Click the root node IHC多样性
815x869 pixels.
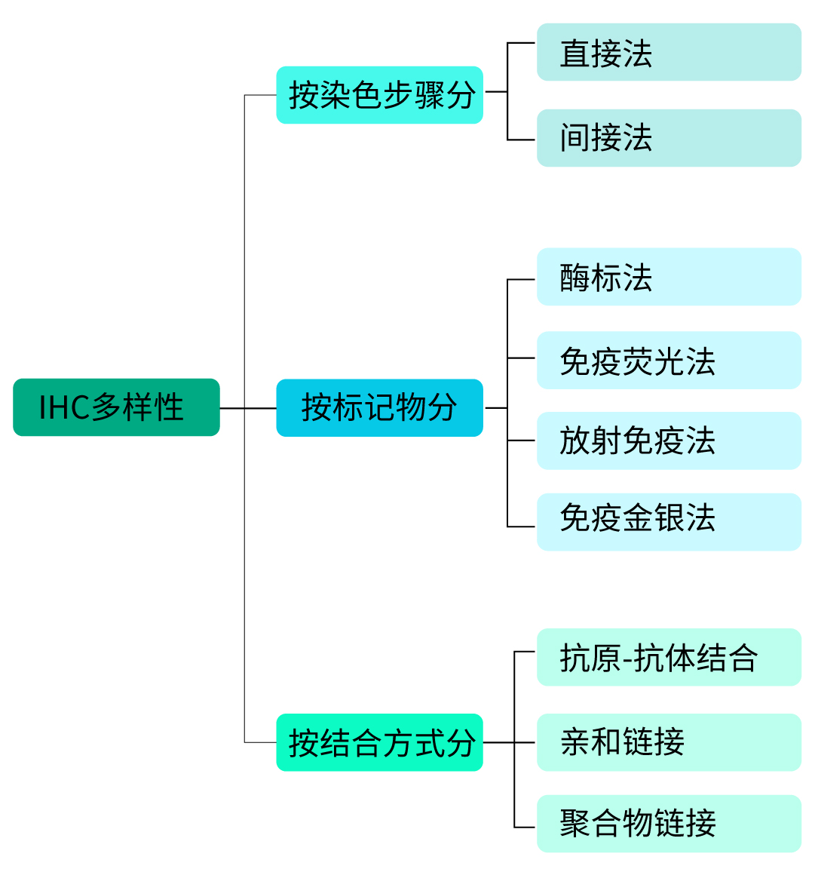(116, 407)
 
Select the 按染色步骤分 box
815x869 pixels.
(379, 95)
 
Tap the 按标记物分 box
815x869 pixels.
(379, 408)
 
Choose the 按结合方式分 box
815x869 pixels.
(379, 742)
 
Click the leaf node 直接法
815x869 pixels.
(668, 52)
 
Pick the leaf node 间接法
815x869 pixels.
(668, 138)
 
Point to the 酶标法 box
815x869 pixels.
(668, 277)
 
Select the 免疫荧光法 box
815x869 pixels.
(668, 360)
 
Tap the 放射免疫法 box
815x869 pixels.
(668, 441)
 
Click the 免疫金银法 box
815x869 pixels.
(668, 521)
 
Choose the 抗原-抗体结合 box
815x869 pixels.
(668, 657)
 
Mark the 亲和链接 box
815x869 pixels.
(668, 742)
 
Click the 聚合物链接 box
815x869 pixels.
(668, 823)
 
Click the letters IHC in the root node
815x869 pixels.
(64, 407)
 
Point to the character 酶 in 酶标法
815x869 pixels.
(574, 278)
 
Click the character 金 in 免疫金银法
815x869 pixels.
(638, 519)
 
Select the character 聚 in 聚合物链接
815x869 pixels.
(574, 823)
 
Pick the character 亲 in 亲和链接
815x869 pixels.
(574, 742)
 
